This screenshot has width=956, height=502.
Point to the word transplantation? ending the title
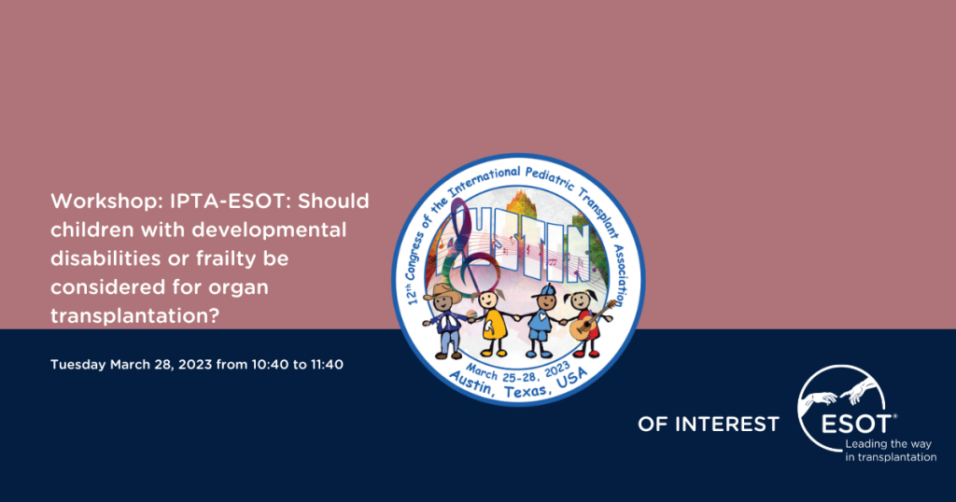click(x=134, y=315)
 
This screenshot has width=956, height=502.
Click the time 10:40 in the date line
click(x=270, y=364)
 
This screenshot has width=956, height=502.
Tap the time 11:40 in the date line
click(x=327, y=364)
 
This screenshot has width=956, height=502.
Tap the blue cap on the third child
click(x=544, y=291)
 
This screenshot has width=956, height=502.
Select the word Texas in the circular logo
click(x=527, y=391)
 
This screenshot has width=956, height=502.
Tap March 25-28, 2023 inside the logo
click(x=518, y=371)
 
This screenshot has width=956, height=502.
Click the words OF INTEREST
click(x=709, y=424)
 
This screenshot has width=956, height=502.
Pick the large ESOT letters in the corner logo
click(x=856, y=424)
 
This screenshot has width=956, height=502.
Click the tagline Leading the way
click(x=889, y=444)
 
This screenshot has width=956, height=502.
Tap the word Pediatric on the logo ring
click(x=549, y=178)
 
